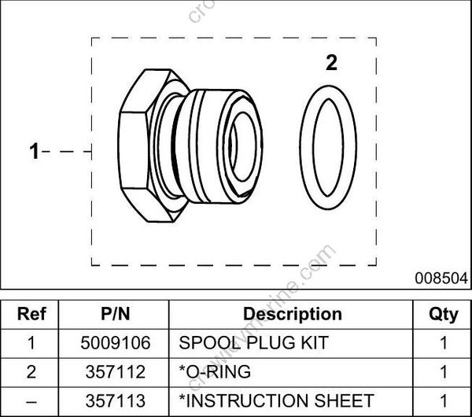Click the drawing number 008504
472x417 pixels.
click(x=443, y=278)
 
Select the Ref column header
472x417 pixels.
click(x=31, y=315)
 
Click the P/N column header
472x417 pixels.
click(x=116, y=315)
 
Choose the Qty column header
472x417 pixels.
click(x=443, y=315)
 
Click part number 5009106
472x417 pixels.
click(x=116, y=343)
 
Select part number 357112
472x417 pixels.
click(x=116, y=371)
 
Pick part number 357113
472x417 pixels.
click(x=116, y=400)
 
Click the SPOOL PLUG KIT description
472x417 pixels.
click(x=253, y=343)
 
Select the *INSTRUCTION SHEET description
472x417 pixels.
click(x=277, y=400)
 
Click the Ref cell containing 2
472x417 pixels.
click(x=31, y=371)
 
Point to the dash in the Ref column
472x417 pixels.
click(x=31, y=400)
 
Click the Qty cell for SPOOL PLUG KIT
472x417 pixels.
click(x=443, y=343)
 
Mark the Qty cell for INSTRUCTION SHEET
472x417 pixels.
click(x=443, y=400)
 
